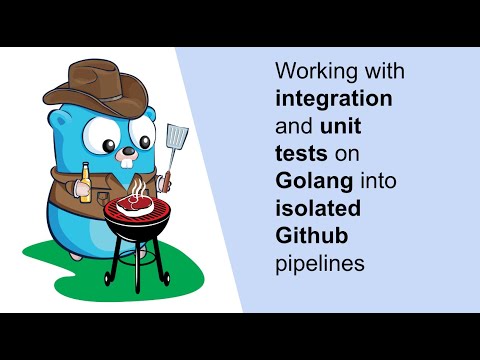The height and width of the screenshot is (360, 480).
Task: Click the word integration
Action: (x=333, y=99)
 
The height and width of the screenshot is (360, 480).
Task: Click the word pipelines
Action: (x=318, y=264)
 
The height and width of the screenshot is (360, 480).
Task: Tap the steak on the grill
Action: (x=133, y=205)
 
